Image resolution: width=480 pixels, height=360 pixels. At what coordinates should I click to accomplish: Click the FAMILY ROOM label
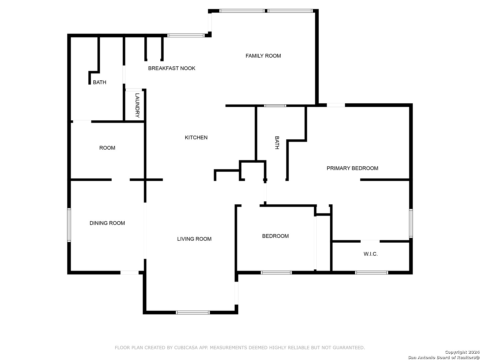click(263, 56)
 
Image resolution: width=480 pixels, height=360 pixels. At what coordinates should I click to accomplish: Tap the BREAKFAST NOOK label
click(172, 68)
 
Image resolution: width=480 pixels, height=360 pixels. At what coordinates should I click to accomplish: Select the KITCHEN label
click(196, 137)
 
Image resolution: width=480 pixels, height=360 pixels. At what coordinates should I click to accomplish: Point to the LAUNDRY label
click(137, 105)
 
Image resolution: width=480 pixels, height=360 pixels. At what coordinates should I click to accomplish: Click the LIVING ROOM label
click(194, 239)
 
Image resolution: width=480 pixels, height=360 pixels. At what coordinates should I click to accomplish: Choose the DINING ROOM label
click(107, 223)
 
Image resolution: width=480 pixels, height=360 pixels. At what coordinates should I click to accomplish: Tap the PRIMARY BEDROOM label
click(352, 168)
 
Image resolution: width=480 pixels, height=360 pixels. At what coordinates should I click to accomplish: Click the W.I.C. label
click(371, 254)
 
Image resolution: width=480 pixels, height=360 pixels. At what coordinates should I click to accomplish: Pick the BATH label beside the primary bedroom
click(277, 143)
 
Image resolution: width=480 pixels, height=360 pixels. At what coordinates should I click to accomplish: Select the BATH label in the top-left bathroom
click(99, 82)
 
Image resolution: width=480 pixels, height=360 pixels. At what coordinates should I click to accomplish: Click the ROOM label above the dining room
click(107, 148)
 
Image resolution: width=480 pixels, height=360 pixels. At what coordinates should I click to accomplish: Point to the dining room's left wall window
click(69, 225)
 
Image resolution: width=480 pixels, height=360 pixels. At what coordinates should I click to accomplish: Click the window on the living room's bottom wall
click(193, 312)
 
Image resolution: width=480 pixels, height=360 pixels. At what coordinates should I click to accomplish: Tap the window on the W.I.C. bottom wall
click(371, 272)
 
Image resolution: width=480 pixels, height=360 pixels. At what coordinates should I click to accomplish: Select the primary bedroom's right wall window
click(411, 223)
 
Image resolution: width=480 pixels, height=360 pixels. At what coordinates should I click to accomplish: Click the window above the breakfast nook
click(186, 35)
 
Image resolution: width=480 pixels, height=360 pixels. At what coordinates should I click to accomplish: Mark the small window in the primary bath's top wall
click(275, 106)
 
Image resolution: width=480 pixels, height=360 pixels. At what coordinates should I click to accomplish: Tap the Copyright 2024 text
click(462, 352)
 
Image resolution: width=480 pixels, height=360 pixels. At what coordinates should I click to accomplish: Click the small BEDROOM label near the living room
click(275, 236)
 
